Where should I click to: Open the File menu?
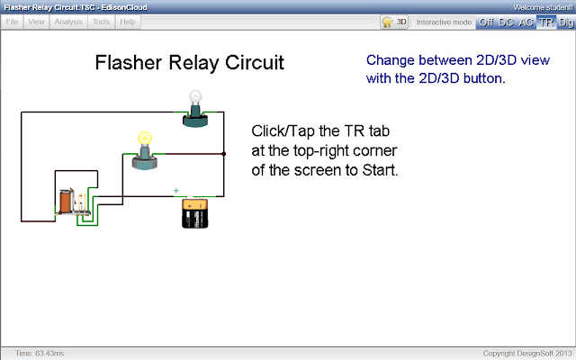click(x=13, y=21)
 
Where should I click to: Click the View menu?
click(x=37, y=21)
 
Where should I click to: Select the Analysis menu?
click(x=68, y=21)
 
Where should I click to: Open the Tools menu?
click(x=102, y=21)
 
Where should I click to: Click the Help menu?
click(x=128, y=21)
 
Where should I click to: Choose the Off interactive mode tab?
click(x=486, y=21)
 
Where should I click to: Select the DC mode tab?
click(x=507, y=21)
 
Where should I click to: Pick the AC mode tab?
click(x=526, y=21)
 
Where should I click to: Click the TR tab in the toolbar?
click(x=546, y=21)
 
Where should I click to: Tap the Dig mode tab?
click(x=565, y=21)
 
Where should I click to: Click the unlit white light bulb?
click(x=194, y=108)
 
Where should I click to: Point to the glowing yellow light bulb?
click(x=143, y=149)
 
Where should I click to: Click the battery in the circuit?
click(x=194, y=216)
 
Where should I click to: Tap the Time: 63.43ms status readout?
click(x=40, y=353)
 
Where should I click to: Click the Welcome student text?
click(x=540, y=7)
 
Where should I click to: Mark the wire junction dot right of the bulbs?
click(x=223, y=154)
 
